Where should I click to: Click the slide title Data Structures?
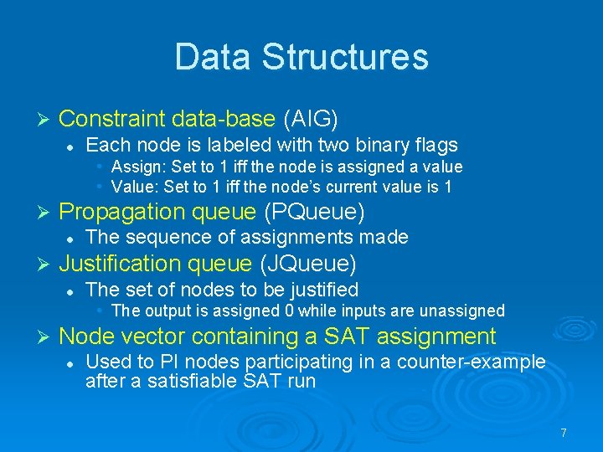click(x=301, y=57)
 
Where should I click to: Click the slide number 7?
click(x=564, y=433)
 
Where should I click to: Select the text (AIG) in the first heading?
click(x=316, y=119)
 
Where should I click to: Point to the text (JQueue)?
click(x=308, y=264)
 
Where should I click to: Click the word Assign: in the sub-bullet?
click(x=137, y=167)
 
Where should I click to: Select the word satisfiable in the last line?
click(x=214, y=381)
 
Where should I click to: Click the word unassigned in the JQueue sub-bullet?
click(x=465, y=311)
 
